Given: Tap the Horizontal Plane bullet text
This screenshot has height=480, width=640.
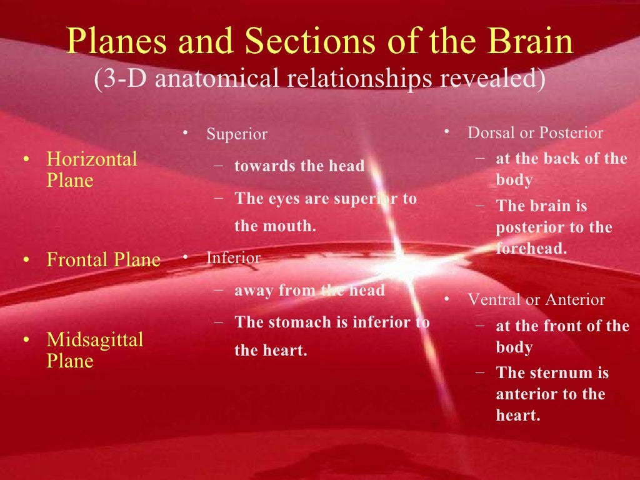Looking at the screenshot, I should tap(91, 169).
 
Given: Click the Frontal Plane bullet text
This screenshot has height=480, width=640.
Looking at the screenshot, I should tap(103, 259).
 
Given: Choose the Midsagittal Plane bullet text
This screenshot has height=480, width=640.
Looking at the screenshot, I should tap(94, 350).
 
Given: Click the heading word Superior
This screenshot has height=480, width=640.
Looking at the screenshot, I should tap(237, 134).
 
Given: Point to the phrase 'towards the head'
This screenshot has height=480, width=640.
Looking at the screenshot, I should tap(299, 166).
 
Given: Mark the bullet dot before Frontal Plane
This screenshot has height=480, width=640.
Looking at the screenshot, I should tap(26, 260).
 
